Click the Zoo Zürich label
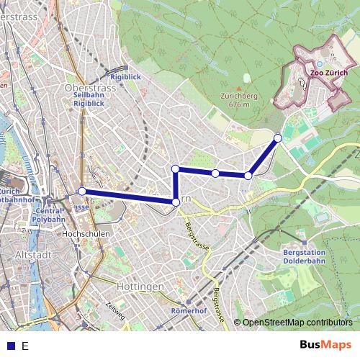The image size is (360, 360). [328, 73]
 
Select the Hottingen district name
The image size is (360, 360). [139, 286]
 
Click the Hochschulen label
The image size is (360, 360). [86, 235]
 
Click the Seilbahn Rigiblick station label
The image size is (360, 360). [89, 99]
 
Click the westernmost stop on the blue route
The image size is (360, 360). [82, 191]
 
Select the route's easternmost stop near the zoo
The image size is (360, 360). [278, 137]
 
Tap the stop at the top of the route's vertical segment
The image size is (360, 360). [176, 168]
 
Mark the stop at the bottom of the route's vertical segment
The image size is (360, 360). [176, 202]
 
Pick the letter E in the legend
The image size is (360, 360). [25, 346]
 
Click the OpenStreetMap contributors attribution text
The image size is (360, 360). [297, 323]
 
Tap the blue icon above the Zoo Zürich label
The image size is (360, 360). [320, 63]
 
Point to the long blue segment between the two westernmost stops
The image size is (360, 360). [130, 197]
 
